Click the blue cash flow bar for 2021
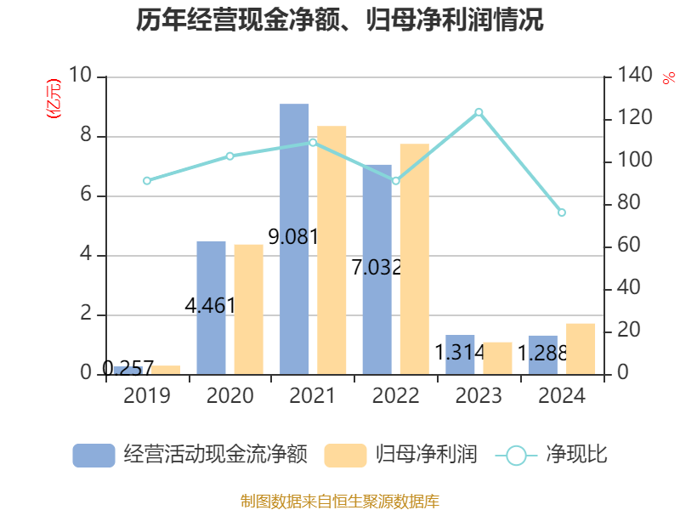294,238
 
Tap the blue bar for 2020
211,307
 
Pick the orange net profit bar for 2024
581,348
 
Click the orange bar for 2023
497,358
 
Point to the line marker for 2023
479,112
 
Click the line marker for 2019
147,181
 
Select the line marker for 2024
562,212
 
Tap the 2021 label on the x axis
313,396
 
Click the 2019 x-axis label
147,396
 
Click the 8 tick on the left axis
86,136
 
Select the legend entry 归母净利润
401,455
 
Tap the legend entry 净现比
552,455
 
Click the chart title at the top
340,20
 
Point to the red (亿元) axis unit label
54,99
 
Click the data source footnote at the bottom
340,501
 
